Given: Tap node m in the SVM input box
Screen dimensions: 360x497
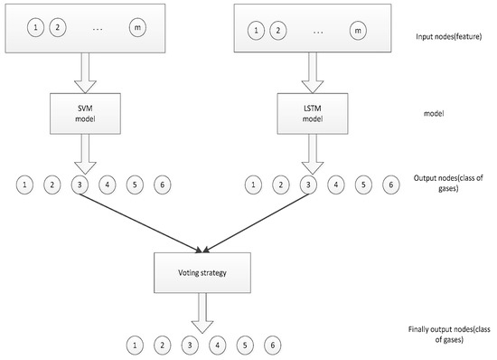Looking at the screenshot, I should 136,29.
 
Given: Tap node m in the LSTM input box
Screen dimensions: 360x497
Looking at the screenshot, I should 359,32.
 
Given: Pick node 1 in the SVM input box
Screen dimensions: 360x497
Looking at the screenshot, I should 36,29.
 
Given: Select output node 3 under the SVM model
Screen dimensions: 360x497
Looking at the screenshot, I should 80,186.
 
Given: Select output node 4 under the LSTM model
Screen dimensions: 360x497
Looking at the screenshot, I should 336,186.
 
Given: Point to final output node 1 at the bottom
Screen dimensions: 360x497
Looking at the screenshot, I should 135,345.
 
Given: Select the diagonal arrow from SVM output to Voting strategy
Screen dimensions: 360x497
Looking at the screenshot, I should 140,220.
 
